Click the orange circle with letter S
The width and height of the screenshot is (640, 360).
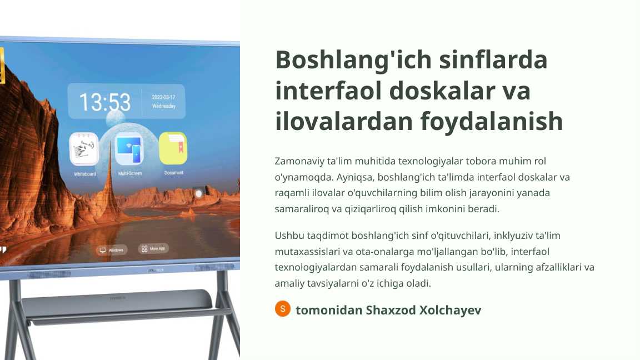(x=283, y=309)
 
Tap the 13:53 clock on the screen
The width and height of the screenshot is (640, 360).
(x=104, y=102)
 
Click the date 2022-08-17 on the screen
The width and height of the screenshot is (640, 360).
(x=163, y=97)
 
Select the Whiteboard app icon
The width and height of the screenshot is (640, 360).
(x=84, y=149)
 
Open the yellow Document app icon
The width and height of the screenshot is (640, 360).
(x=173, y=148)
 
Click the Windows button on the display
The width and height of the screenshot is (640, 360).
(x=112, y=250)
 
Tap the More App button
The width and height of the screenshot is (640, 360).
(x=153, y=249)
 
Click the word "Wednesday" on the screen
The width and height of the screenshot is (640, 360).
(x=164, y=106)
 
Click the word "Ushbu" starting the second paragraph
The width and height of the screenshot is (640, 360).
(x=288, y=235)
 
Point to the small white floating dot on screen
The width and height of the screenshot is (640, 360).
(x=198, y=193)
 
